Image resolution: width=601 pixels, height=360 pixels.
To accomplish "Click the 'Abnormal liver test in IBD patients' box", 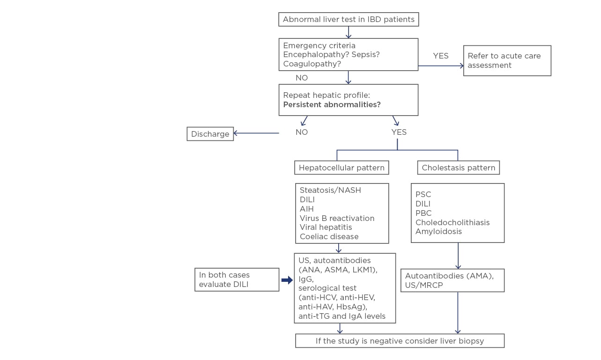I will pyautogui.click(x=349, y=19).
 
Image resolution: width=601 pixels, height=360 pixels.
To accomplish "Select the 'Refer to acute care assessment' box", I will pyautogui.click(x=507, y=60).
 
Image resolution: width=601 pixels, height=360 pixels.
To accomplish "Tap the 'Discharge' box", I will pyautogui.click(x=210, y=134).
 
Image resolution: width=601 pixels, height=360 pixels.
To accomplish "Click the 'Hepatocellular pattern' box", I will pyautogui.click(x=341, y=168).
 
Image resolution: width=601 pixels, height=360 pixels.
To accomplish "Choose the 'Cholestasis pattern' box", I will pyautogui.click(x=458, y=168).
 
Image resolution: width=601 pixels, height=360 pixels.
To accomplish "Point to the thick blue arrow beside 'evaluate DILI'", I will pyautogui.click(x=287, y=280).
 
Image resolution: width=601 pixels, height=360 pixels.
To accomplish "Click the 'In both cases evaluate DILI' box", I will pyautogui.click(x=237, y=279).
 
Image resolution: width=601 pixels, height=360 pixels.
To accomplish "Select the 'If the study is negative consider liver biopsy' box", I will pyautogui.click(x=400, y=341).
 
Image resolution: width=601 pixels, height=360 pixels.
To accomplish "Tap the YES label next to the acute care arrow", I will pyautogui.click(x=440, y=56).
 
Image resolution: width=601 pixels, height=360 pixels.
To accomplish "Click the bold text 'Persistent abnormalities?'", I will pyautogui.click(x=332, y=104).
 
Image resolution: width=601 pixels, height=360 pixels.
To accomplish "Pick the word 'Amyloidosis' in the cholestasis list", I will pyautogui.click(x=438, y=231).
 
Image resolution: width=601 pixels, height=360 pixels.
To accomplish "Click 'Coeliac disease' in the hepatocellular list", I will pyautogui.click(x=329, y=236).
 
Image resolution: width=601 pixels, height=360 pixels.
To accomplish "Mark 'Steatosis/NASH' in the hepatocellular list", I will pyautogui.click(x=330, y=191).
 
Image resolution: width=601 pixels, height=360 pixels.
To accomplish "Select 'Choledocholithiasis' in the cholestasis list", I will pyautogui.click(x=452, y=222).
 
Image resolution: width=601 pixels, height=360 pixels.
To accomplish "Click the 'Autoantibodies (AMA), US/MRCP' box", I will pyautogui.click(x=452, y=280).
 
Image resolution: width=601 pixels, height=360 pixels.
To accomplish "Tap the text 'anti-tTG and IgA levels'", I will pyautogui.click(x=341, y=316).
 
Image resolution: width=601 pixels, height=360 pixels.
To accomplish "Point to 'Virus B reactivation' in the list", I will pyautogui.click(x=337, y=218).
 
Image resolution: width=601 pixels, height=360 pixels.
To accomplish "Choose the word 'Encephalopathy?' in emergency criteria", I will pyautogui.click(x=312, y=55).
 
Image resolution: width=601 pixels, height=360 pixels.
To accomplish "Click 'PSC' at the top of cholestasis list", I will pyautogui.click(x=423, y=194).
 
